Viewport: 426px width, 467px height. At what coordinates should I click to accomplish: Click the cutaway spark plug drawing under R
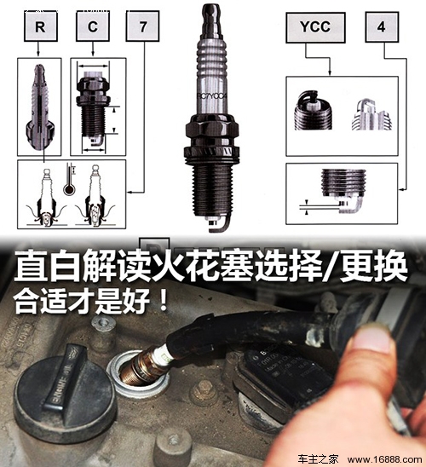[39, 107]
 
